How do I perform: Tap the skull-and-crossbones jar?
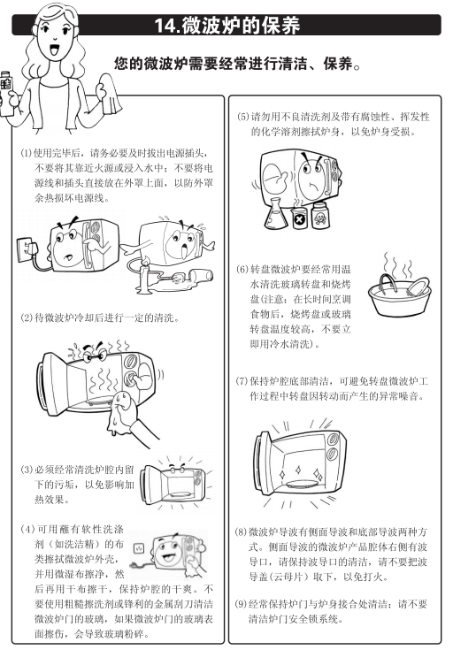(x=320, y=214)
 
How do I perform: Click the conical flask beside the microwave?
(x=275, y=214)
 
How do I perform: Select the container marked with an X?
(x=299, y=218)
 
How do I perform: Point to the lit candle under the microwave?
(x=144, y=276)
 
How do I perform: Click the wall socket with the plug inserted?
(x=27, y=250)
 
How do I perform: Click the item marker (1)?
(x=27, y=153)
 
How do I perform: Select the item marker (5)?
(x=243, y=117)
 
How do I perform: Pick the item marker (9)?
(x=241, y=604)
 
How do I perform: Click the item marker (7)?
(x=242, y=381)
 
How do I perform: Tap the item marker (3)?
(x=27, y=470)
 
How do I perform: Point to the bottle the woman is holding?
(x=6, y=94)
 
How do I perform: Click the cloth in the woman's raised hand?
(x=111, y=96)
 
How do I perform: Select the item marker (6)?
(x=242, y=270)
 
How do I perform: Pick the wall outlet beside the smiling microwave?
(x=139, y=548)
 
